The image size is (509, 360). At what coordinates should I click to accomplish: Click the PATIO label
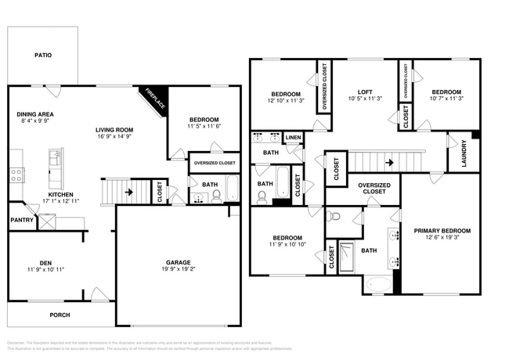[x=42, y=56]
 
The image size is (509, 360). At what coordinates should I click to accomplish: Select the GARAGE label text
[x=178, y=262]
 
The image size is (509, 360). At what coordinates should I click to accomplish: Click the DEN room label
[x=45, y=263]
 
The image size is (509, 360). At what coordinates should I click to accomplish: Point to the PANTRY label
[x=22, y=221]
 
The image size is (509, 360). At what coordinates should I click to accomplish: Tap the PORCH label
[x=59, y=315]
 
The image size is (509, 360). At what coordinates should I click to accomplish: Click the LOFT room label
[x=363, y=91]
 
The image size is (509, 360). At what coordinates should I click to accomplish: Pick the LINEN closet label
[x=293, y=138]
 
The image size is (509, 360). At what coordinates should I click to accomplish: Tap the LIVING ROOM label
[x=114, y=130]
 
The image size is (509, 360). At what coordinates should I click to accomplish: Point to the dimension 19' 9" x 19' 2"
[x=178, y=270]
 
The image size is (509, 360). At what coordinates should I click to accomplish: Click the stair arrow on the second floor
[x=389, y=163]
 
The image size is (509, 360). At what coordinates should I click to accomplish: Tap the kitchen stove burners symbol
[x=16, y=175]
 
